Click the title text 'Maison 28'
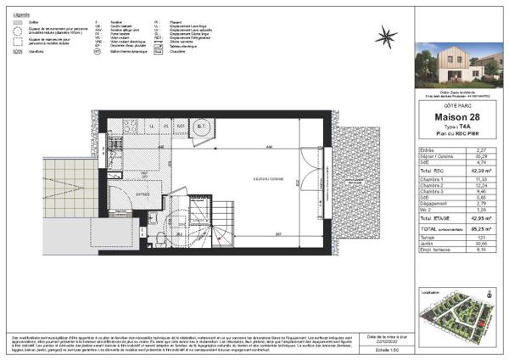457,116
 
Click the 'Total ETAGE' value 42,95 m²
484,219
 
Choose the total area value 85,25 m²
484,230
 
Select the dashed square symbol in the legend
18,40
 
